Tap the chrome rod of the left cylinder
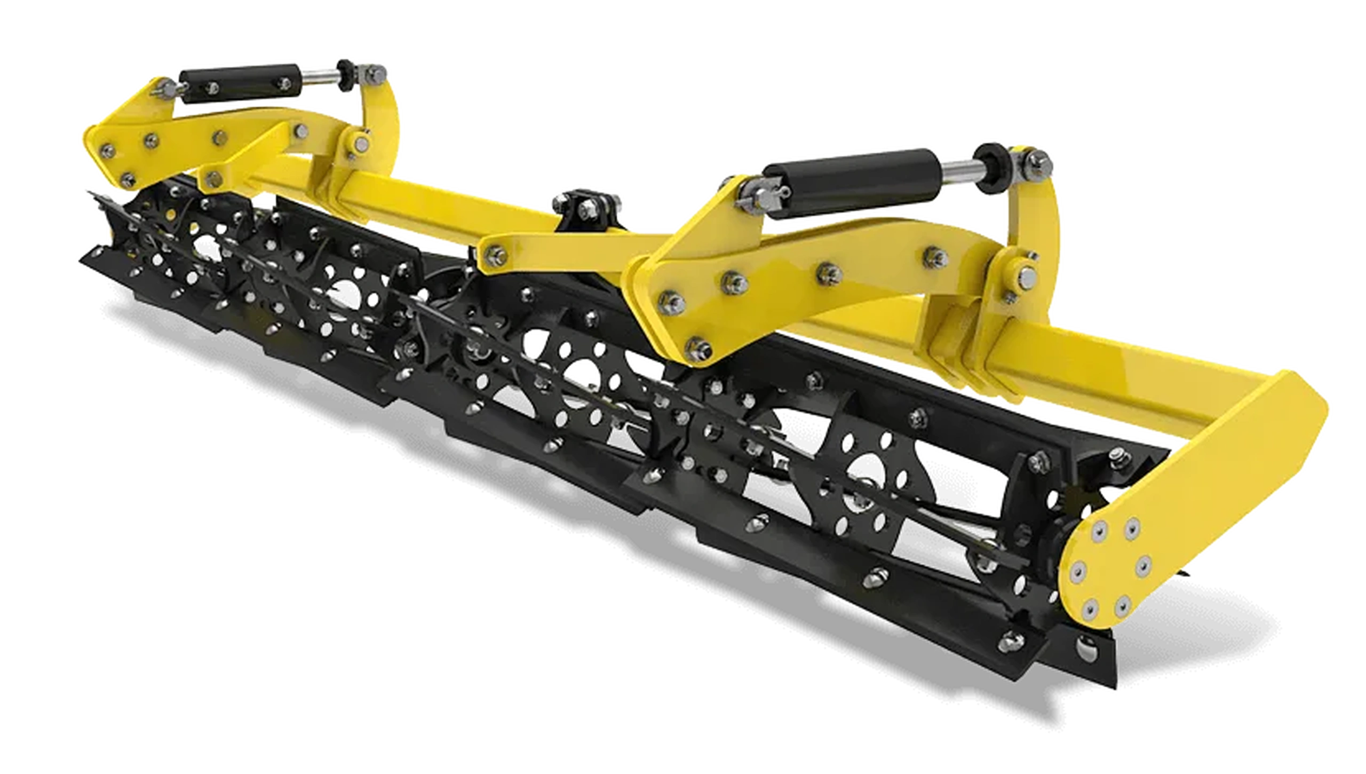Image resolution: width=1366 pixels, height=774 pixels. [320, 80]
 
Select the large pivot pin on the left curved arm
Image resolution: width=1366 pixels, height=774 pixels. [363, 143]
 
